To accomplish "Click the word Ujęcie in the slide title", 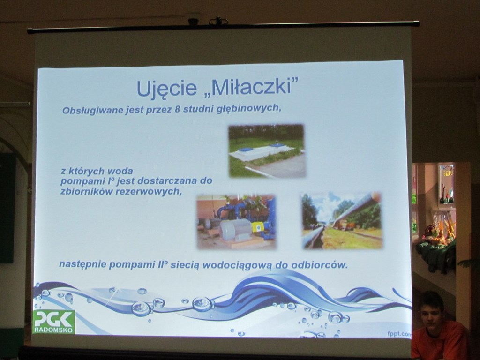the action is point(166,88).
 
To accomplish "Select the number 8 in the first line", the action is point(177,110).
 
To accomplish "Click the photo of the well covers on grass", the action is point(267,150).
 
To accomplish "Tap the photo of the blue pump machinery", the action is point(236,222).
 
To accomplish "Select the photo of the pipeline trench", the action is point(342,220).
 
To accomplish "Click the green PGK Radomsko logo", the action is point(53,322).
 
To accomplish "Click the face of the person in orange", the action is point(432,315).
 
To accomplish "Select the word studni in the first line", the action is point(191,110).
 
